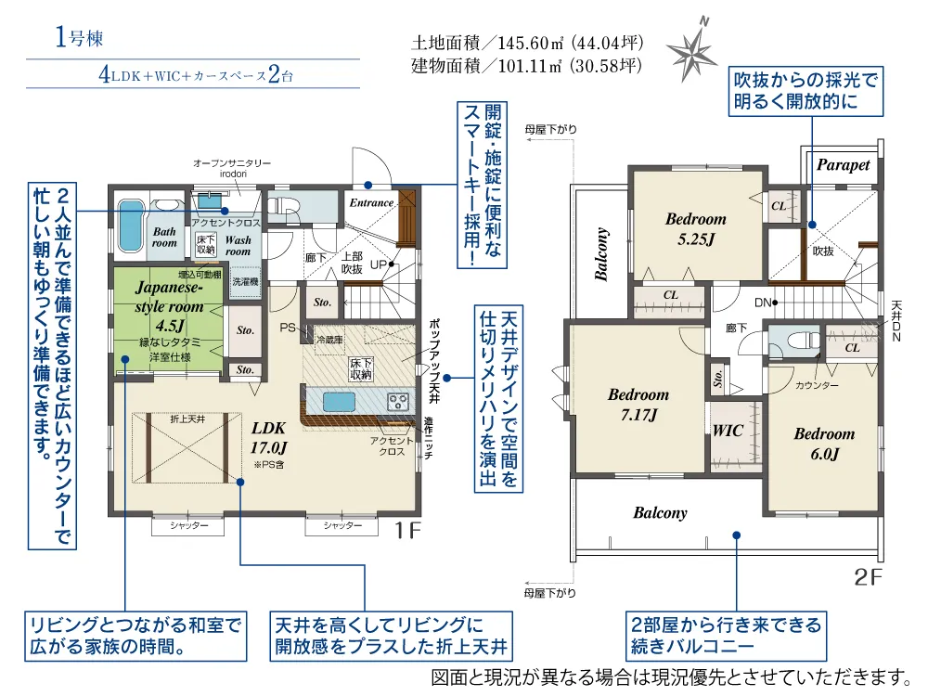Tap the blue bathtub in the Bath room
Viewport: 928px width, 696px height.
[x=131, y=226]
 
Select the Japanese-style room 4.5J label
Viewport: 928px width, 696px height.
[x=170, y=306]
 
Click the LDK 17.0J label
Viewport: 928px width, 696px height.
[x=269, y=437]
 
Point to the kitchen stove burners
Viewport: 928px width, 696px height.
[x=397, y=402]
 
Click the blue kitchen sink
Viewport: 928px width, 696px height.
[x=339, y=402]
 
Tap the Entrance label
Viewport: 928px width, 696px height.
[x=371, y=203]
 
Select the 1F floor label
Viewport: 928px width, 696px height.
[x=407, y=530]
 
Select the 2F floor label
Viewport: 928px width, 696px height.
[x=869, y=577]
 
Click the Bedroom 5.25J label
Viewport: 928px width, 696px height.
[x=696, y=228]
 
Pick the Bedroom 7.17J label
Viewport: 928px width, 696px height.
[x=638, y=405]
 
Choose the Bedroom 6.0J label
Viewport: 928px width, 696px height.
[x=824, y=444]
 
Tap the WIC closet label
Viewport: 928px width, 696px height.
[x=728, y=431]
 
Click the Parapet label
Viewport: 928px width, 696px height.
[x=843, y=165]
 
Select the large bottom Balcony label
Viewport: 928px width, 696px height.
[x=660, y=512]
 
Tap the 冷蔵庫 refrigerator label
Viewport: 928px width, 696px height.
[x=329, y=340]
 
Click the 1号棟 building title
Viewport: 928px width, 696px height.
[x=79, y=38]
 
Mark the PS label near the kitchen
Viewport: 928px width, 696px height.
[x=288, y=328]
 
